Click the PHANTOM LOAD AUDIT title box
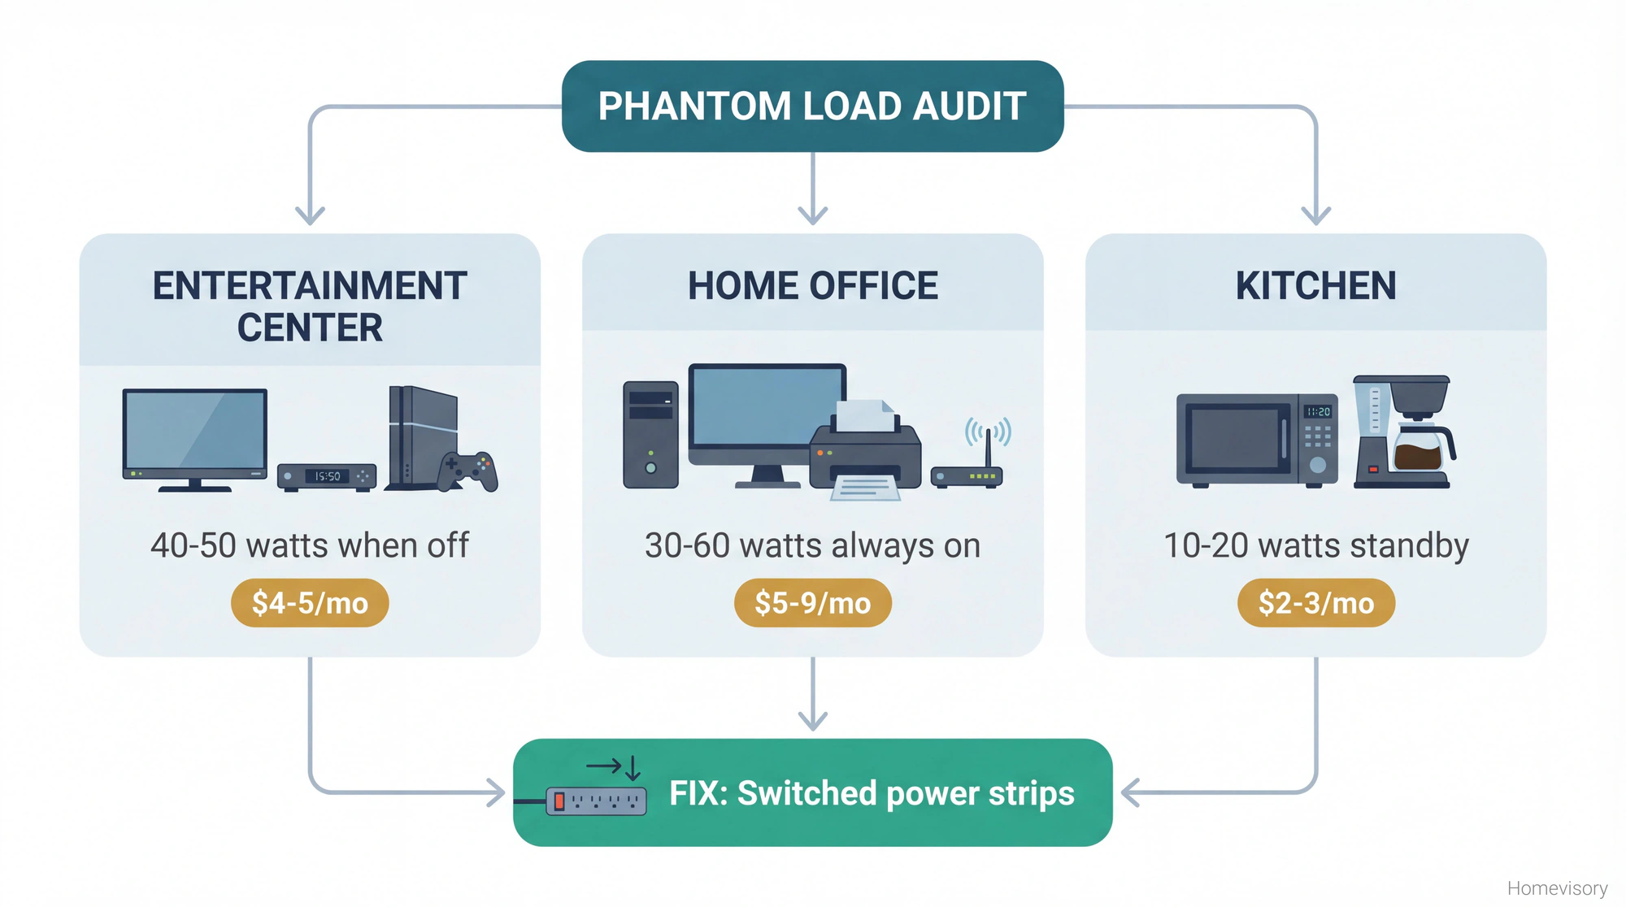(x=812, y=106)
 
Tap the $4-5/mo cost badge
(x=310, y=603)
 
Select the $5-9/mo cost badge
(x=812, y=603)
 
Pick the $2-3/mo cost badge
(x=1315, y=603)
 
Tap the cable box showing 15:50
(x=327, y=476)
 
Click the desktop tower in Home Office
(x=650, y=435)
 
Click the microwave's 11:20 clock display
(x=1318, y=412)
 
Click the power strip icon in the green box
(x=596, y=801)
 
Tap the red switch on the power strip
(x=559, y=801)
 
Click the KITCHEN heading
(x=1315, y=286)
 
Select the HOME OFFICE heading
(x=812, y=286)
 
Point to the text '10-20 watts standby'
(x=1315, y=545)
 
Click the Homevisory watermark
(x=1557, y=888)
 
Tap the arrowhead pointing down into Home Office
(x=812, y=214)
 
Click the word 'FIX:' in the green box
(x=698, y=793)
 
